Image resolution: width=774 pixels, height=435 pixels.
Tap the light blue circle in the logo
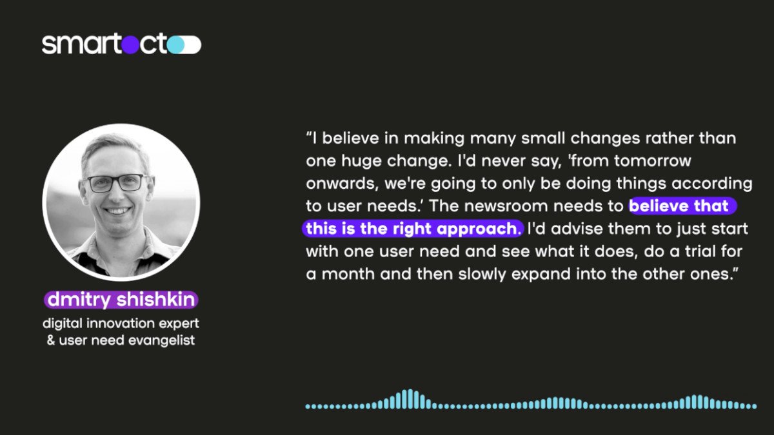click(175, 45)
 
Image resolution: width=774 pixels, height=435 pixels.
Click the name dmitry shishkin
click(121, 299)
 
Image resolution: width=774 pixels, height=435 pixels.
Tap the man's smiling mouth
click(117, 210)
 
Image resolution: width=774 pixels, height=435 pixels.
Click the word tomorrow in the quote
click(652, 161)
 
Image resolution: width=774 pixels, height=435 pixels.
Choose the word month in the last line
click(348, 274)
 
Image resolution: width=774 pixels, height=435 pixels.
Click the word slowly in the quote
click(482, 275)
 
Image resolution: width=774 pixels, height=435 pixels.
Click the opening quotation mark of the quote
click(309, 134)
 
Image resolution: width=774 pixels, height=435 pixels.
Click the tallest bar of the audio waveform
click(410, 399)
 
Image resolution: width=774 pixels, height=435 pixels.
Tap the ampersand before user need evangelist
click(51, 340)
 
